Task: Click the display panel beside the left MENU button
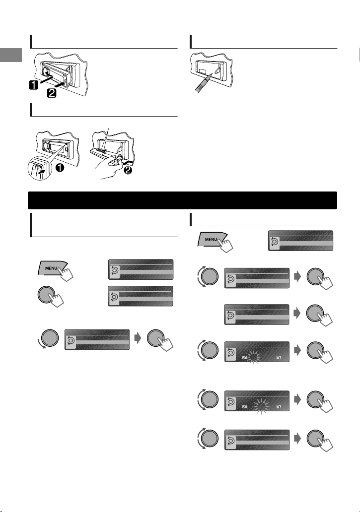[141, 268]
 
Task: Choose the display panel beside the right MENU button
[300, 240]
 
